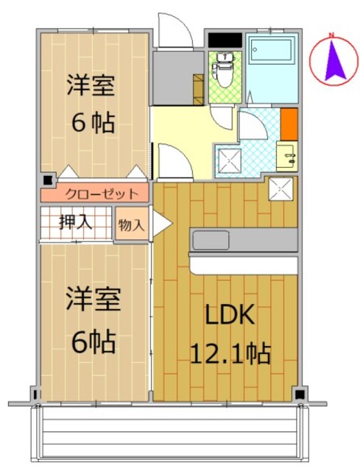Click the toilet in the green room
coord(224,70)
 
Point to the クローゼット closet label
coord(102,194)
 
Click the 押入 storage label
coord(75,222)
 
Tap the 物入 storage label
coord(132,225)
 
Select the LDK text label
coord(230,314)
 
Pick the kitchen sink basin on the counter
coord(211,240)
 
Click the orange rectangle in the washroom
coord(289,124)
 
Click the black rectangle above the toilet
coord(225,40)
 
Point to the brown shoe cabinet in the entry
coord(198,90)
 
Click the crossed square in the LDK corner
coord(280,189)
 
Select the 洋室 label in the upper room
coord(91,85)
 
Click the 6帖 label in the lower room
coord(93,341)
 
